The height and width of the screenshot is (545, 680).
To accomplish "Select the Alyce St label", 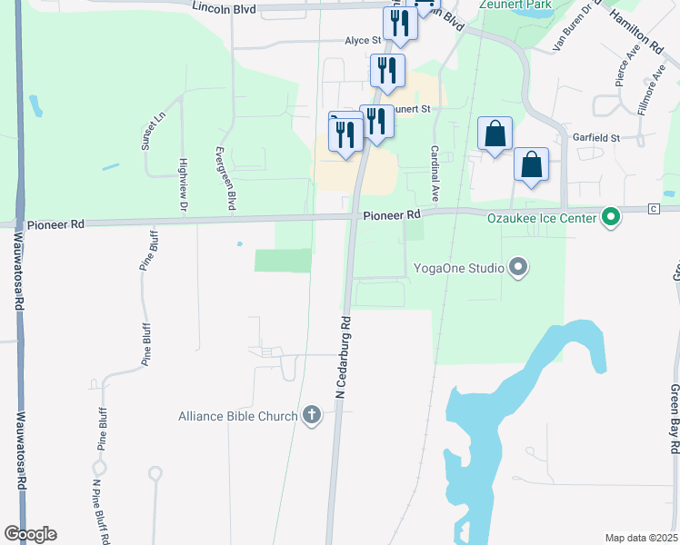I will click(362, 41).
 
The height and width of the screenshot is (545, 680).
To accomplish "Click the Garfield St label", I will click(596, 138).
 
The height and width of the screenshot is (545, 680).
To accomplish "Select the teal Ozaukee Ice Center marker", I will click(611, 217).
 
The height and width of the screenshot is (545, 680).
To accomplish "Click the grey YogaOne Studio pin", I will click(518, 267).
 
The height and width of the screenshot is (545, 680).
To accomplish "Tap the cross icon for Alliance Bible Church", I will click(311, 416).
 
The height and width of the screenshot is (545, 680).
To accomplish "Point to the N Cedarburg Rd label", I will click(344, 357).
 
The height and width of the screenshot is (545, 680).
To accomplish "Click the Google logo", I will click(30, 534).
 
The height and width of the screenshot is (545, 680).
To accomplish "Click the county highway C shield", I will click(653, 210).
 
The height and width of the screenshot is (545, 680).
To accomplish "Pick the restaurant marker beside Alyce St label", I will click(400, 22).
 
